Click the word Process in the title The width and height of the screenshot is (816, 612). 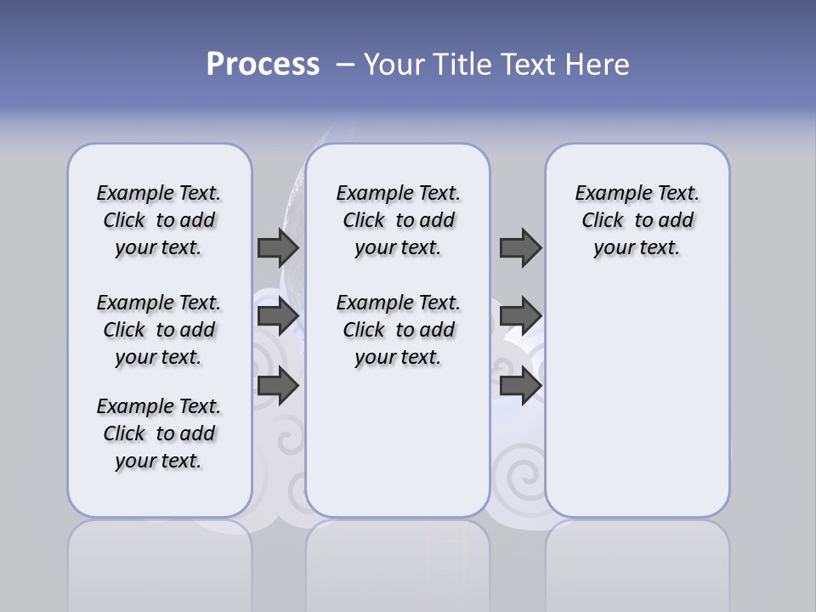[263, 65]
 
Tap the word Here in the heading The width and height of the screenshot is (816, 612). [596, 65]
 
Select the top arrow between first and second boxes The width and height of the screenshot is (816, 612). [278, 247]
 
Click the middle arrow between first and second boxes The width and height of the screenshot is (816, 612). [278, 316]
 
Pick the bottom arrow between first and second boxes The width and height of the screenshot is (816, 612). [278, 386]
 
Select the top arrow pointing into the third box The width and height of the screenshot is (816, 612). [520, 247]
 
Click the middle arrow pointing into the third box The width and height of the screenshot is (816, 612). [520, 316]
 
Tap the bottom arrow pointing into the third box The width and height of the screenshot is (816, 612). [520, 386]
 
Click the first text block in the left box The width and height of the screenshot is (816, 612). [159, 220]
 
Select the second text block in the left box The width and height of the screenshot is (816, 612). [159, 330]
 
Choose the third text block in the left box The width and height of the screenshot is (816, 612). [159, 433]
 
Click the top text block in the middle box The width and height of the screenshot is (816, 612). [398, 220]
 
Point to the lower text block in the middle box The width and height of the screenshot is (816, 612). [398, 330]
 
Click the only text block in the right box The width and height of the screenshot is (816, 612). [637, 220]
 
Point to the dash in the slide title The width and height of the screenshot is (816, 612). [345, 65]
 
